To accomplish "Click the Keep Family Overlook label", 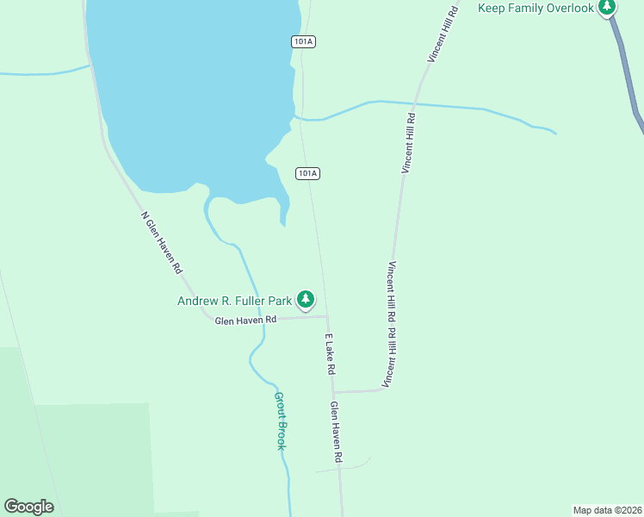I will point(536,8).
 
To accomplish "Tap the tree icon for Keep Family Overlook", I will point(607,7).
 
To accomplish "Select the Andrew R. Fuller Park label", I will point(234,301).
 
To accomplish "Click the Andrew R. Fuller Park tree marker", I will point(305,300).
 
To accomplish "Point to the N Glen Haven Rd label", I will point(162,243).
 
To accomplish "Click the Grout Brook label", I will point(280,420).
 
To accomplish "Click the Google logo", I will point(28,507).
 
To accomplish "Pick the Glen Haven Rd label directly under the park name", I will point(245,320).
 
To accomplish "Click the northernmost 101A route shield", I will point(301,41).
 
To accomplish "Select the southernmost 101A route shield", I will point(307,173).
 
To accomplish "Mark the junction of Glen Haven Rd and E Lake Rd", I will point(326,316).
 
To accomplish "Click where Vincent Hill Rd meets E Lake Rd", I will point(334,392).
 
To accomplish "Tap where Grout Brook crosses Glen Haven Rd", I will point(262,318).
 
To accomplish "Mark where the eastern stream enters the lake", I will point(296,116).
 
